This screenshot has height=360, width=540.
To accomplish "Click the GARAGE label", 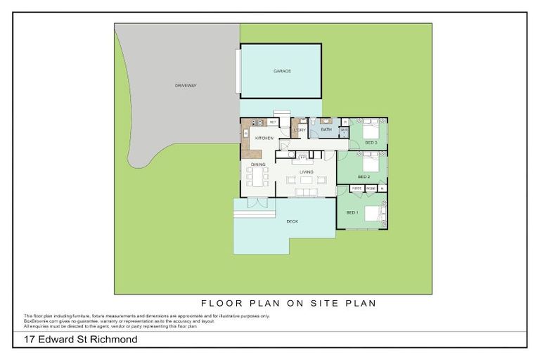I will click(x=282, y=72).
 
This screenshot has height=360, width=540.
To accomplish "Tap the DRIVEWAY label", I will click(x=186, y=86).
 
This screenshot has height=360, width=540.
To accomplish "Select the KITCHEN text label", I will click(x=264, y=138).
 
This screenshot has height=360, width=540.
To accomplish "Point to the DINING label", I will click(x=258, y=164).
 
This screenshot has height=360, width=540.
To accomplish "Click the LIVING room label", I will click(x=307, y=172).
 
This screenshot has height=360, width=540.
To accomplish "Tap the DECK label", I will click(x=292, y=221).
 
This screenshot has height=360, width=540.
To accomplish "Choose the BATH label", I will click(x=326, y=130).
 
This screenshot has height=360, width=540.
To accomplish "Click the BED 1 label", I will click(x=352, y=212).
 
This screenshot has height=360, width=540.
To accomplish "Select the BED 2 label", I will click(x=364, y=176).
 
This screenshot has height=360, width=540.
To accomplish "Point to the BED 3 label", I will click(x=371, y=143).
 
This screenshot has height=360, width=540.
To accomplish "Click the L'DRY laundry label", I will click(x=300, y=130).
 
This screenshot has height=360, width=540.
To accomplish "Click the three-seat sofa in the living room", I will click(x=307, y=191).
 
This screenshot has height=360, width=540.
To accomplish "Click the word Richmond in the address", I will click(x=114, y=340).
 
